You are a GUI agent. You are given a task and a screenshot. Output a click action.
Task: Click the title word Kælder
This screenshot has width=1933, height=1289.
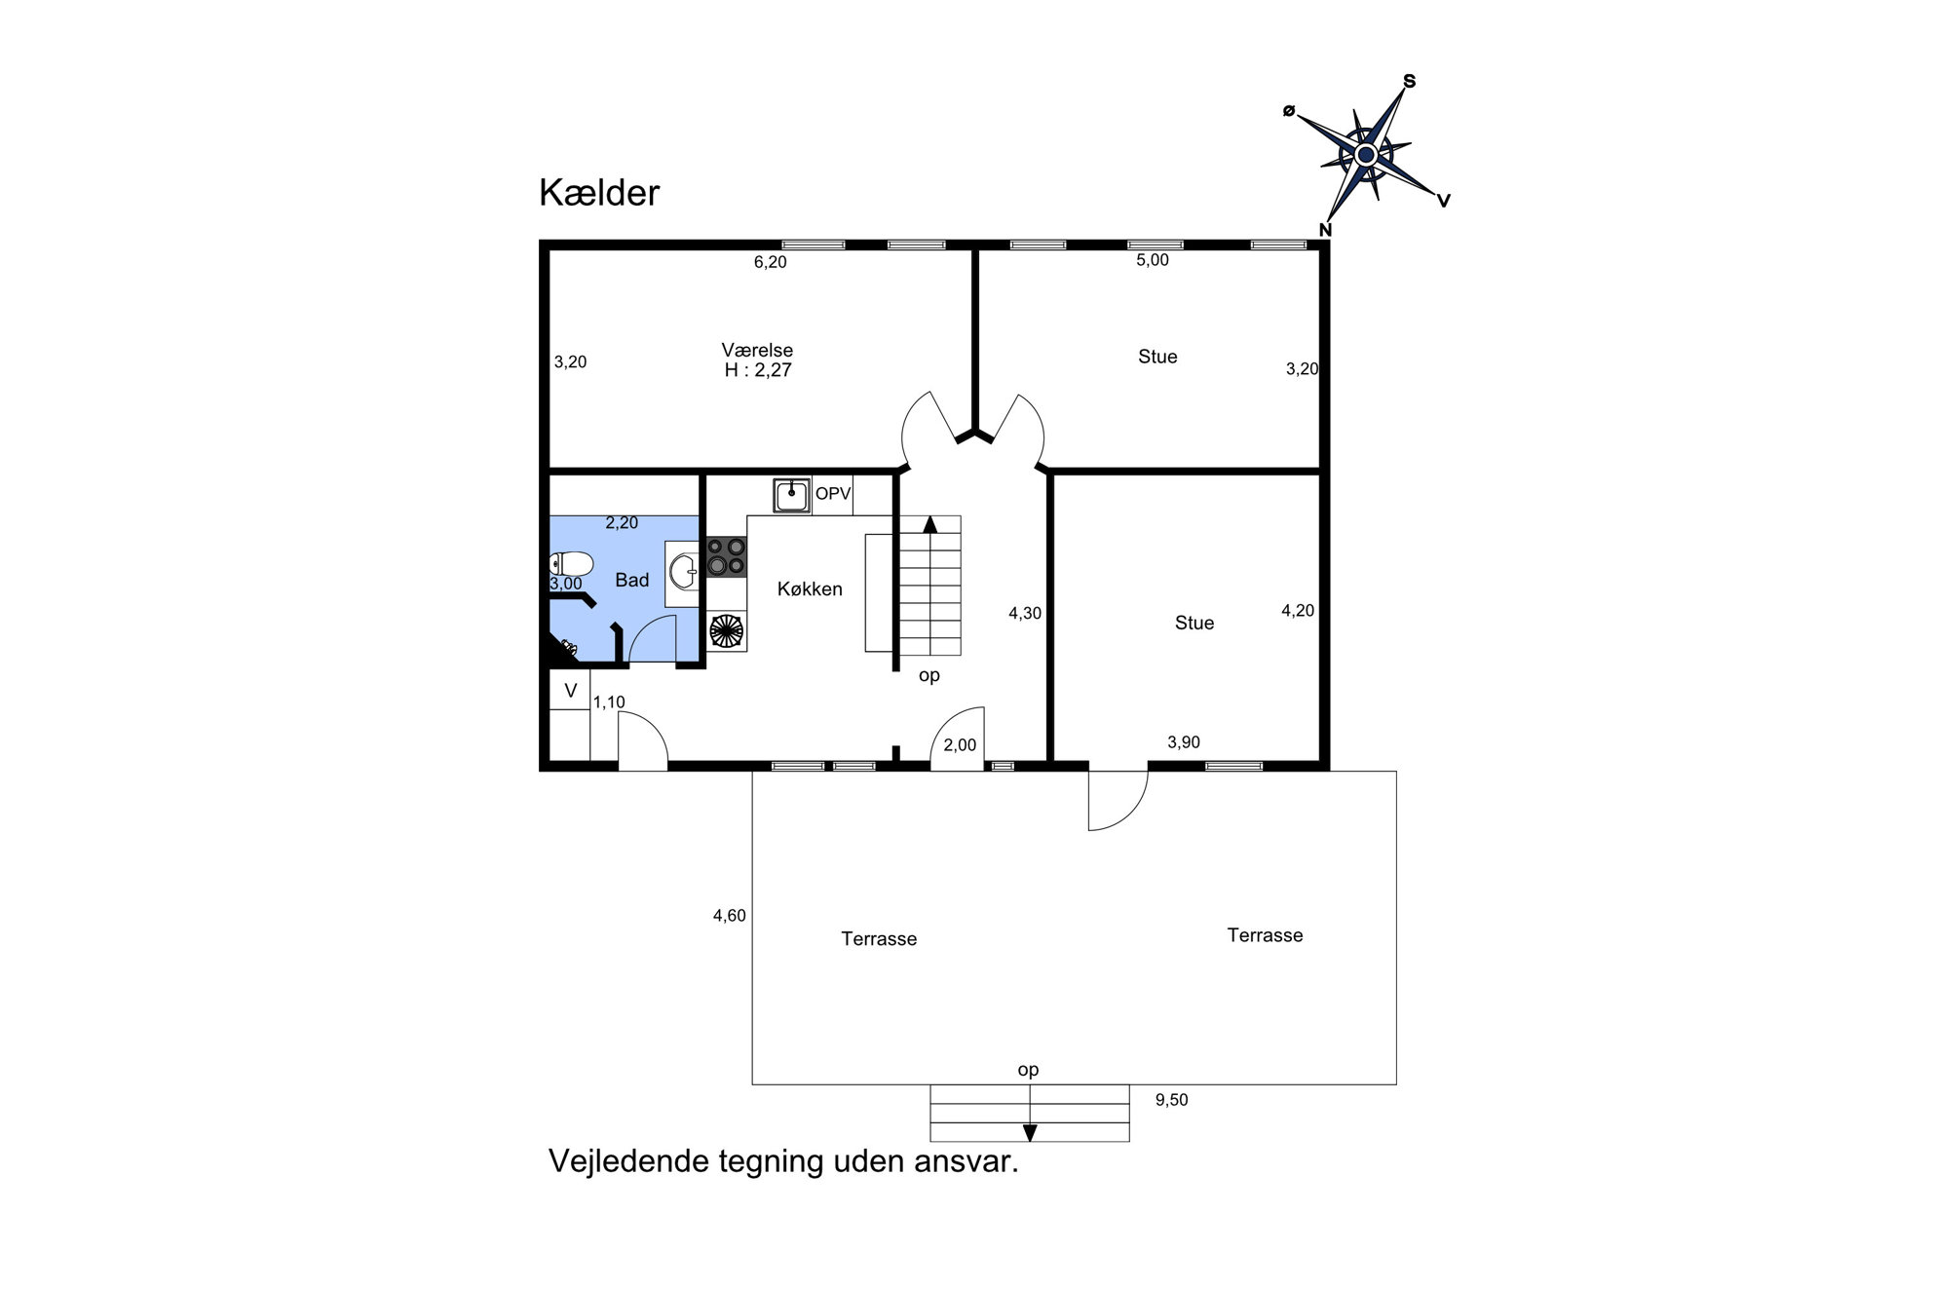pyautogui.click(x=599, y=193)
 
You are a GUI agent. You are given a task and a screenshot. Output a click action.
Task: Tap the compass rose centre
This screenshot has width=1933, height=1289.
pyautogui.click(x=1366, y=155)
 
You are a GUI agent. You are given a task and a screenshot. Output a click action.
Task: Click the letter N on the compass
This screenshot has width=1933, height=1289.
pyautogui.click(x=1325, y=230)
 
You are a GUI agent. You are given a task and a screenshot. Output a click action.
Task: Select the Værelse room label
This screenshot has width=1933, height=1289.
pyautogui.click(x=757, y=350)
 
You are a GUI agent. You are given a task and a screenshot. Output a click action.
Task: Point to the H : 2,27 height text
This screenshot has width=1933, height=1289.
pyautogui.click(x=758, y=370)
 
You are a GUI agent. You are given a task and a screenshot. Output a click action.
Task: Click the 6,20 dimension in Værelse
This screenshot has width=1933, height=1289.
pyautogui.click(x=770, y=262)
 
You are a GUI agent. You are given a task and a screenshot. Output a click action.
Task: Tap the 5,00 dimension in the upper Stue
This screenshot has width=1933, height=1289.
pyautogui.click(x=1153, y=260)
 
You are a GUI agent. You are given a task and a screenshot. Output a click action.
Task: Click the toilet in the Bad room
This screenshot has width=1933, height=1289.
pyautogui.click(x=572, y=564)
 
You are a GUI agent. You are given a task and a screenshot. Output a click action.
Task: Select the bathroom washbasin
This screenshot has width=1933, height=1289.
pyautogui.click(x=683, y=573)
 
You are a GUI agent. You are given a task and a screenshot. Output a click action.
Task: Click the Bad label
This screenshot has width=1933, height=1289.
pyautogui.click(x=631, y=581)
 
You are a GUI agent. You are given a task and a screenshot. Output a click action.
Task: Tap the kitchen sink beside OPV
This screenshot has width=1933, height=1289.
pyautogui.click(x=792, y=495)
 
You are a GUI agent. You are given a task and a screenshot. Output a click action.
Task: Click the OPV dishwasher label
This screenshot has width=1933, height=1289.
pyautogui.click(x=833, y=494)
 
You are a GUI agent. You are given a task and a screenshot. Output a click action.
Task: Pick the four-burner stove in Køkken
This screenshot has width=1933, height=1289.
pyautogui.click(x=726, y=556)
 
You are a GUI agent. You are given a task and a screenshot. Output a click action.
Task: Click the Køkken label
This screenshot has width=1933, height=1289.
pyautogui.click(x=810, y=589)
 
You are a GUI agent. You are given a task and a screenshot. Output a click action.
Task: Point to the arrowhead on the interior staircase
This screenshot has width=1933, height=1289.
pyautogui.click(x=930, y=524)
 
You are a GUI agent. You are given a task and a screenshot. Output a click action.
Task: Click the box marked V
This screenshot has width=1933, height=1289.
pyautogui.click(x=570, y=690)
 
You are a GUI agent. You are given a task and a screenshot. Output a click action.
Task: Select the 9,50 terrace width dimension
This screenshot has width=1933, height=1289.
pyautogui.click(x=1171, y=1100)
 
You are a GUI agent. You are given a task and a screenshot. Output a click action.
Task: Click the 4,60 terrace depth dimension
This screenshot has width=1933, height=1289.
pyautogui.click(x=729, y=916)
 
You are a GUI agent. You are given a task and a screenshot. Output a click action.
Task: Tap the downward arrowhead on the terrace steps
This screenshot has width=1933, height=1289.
pyautogui.click(x=1030, y=1133)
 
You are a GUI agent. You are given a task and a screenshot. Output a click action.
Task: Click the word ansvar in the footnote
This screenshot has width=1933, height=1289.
pyautogui.click(x=966, y=1161)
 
